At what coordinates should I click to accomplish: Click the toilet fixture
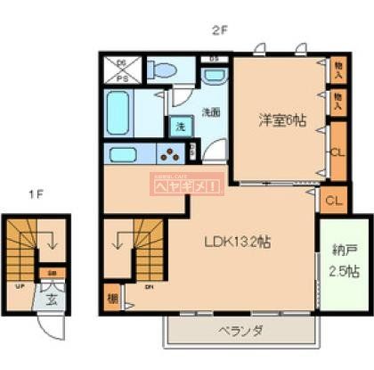pos(163,70)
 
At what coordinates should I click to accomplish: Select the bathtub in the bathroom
pos(120,114)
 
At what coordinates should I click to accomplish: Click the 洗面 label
pos(210,112)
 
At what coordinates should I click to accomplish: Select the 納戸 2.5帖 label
pos(343,258)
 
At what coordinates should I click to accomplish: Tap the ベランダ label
pos(238,332)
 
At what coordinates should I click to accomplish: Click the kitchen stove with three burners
pos(169,153)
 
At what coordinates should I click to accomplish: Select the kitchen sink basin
pos(123,154)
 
